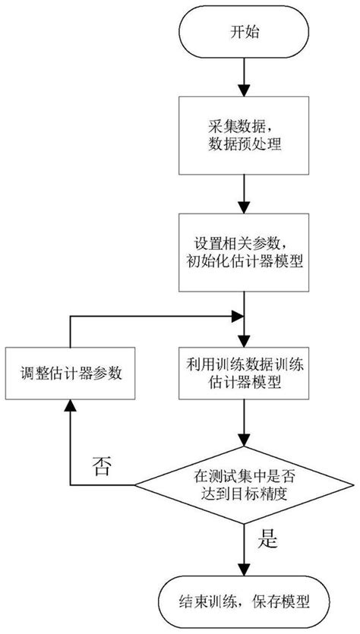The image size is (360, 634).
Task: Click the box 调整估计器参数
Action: (x=71, y=374)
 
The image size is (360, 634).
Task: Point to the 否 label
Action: (x=103, y=465)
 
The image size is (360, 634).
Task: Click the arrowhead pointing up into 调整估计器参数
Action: (x=71, y=409)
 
